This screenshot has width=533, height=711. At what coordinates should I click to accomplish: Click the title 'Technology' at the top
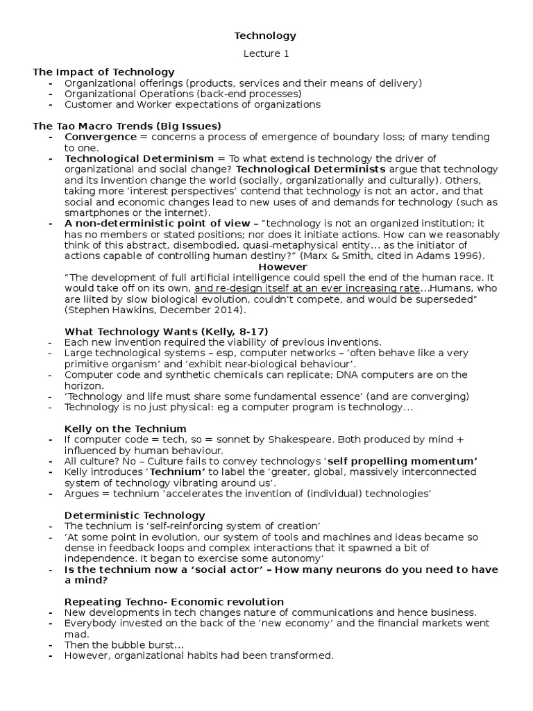click(265, 35)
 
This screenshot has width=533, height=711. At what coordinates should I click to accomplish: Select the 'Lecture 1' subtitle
click(265, 53)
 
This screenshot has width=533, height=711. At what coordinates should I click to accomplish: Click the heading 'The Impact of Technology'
click(104, 72)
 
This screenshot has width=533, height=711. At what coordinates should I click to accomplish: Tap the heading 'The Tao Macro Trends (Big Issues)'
click(127, 126)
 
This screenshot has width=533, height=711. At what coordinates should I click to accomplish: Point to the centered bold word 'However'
click(282, 267)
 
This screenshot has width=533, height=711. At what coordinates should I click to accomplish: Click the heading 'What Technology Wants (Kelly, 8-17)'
click(166, 331)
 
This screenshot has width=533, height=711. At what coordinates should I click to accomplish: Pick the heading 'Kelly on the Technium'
click(126, 429)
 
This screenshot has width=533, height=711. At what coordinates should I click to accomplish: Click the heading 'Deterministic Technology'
click(135, 515)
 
